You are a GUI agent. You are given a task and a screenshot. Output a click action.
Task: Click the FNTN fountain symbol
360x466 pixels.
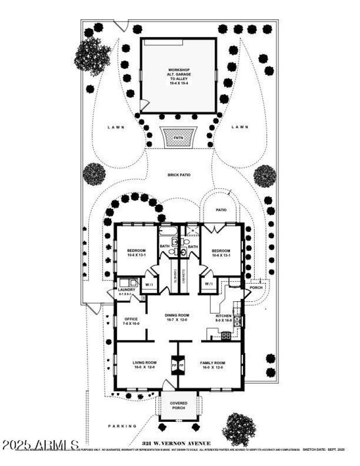(x=179, y=136)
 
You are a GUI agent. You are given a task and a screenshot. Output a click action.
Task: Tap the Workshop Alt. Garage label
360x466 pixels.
(x=179, y=77)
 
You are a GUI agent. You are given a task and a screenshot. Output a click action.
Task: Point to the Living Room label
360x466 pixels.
(x=144, y=365)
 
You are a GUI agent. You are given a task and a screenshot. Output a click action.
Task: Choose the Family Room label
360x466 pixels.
(x=213, y=365)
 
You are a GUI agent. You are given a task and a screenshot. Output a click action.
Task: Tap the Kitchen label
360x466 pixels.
(x=224, y=318)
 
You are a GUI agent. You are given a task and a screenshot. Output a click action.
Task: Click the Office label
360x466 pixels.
(x=131, y=321)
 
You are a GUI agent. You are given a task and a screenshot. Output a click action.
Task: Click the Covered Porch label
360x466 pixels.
(x=179, y=406)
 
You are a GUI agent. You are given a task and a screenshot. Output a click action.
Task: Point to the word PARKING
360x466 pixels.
(x=122, y=426)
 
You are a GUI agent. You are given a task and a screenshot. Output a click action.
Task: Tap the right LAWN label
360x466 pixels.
(x=240, y=127)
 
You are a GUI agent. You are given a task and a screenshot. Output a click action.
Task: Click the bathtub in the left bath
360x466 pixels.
(x=168, y=231)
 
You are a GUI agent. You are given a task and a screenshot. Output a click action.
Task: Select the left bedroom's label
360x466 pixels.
(x=136, y=253)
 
